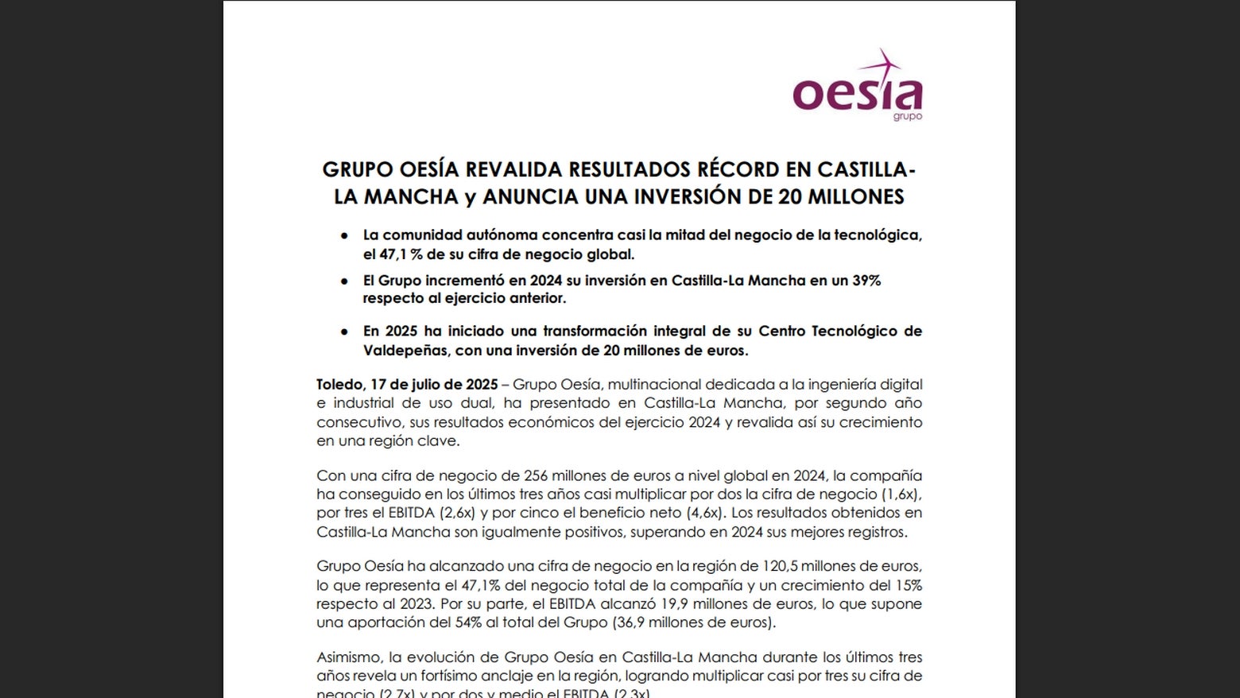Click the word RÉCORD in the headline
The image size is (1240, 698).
pos(737,169)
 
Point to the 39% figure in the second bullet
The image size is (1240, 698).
pos(865,281)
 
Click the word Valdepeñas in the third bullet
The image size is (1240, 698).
pos(405,351)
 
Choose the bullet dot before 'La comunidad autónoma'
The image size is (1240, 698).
pos(344,236)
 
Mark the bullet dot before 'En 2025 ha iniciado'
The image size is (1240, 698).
pos(344,332)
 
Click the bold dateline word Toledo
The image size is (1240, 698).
pos(338,385)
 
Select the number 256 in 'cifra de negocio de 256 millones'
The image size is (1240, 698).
pos(537,475)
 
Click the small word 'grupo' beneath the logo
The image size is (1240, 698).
pos(907,117)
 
